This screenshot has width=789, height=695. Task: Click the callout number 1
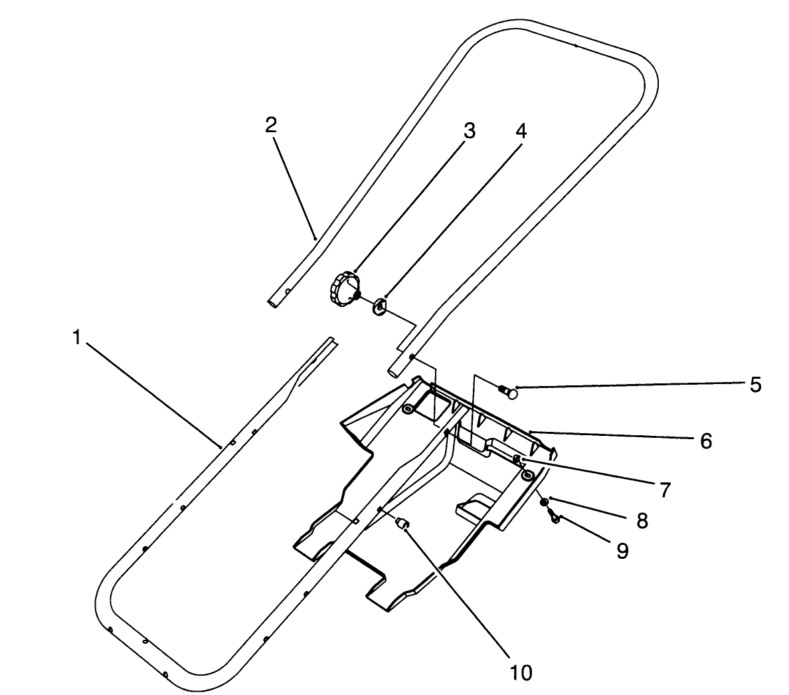pos(77,338)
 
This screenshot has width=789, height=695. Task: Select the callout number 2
pos(270,126)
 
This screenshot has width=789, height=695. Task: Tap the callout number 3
pos(469,131)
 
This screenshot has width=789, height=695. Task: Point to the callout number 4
pos(521,131)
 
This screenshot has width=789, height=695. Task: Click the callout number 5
pos(755,385)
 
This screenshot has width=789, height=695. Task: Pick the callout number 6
pos(705,441)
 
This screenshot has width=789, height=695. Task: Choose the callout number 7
pos(665,490)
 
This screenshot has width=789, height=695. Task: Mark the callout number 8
pos(642,520)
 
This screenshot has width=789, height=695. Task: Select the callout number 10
pos(521,672)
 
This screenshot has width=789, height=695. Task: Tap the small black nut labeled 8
pos(544,502)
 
